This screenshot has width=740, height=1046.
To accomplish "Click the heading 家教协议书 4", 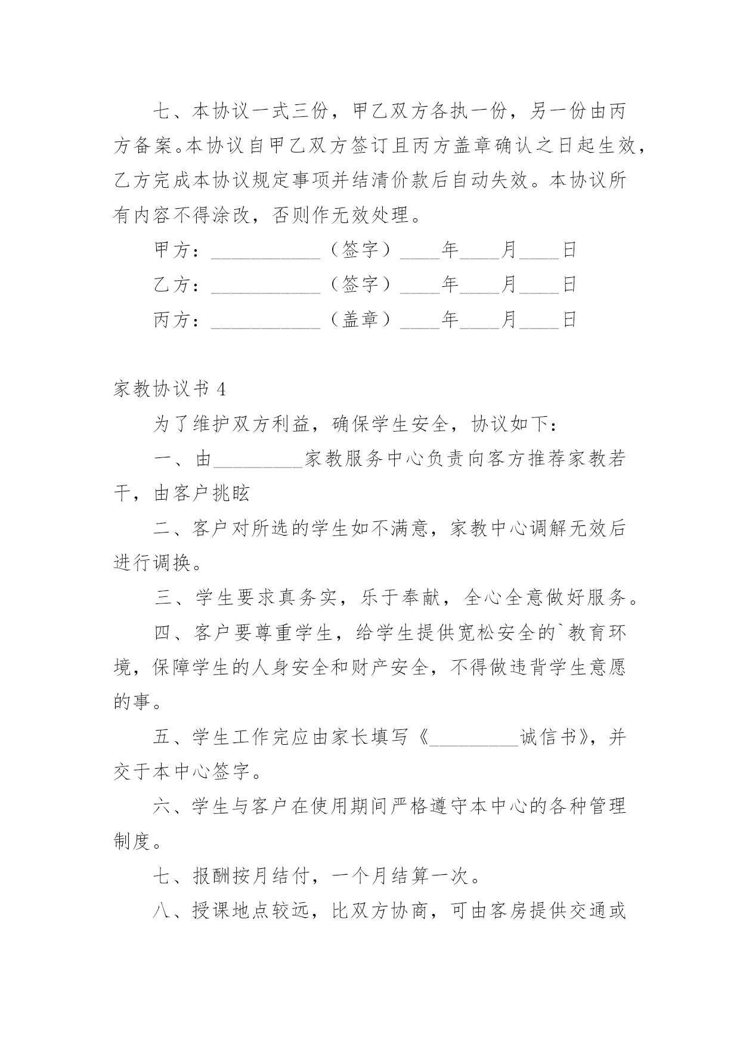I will [x=169, y=389].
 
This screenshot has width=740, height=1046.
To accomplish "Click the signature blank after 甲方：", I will [x=266, y=250].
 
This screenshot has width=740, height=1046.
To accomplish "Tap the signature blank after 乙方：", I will [x=266, y=285].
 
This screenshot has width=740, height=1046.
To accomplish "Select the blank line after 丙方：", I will [x=266, y=320].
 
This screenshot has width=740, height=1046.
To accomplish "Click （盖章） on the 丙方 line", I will [x=360, y=320].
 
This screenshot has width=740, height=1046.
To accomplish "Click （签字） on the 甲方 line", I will [x=360, y=250].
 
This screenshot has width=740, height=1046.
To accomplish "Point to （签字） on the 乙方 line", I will [x=360, y=284].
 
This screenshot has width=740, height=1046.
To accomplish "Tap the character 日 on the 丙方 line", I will [x=569, y=320].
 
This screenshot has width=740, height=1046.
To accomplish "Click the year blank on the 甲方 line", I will [x=420, y=250].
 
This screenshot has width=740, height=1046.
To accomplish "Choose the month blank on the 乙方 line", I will [x=480, y=285].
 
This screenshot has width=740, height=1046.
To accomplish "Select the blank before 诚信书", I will [x=474, y=738].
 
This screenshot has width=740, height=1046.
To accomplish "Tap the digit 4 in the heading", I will [x=222, y=389].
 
